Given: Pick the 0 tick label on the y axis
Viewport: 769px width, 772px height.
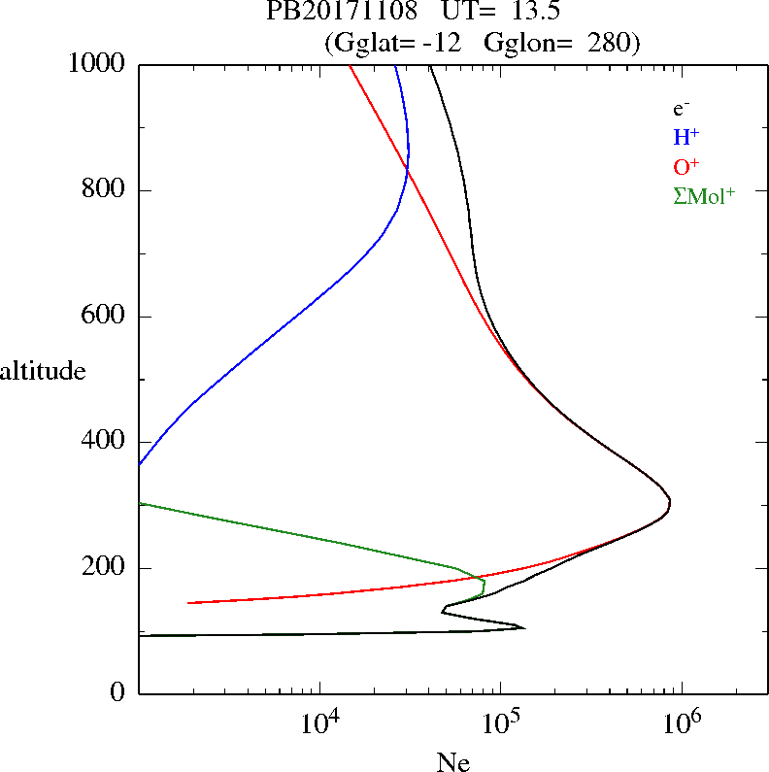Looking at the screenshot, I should coord(119,693).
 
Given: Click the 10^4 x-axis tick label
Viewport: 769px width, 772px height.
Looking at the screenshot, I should coord(319,723).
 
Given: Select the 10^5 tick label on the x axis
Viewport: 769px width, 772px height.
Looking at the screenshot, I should coord(500,723).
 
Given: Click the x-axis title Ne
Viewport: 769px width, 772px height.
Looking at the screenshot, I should coord(453,763).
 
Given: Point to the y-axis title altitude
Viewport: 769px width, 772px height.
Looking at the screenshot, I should coord(43,371).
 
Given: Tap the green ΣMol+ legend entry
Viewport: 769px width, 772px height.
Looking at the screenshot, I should coord(704,195).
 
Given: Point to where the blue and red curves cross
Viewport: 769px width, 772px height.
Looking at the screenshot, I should coord(407,171).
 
